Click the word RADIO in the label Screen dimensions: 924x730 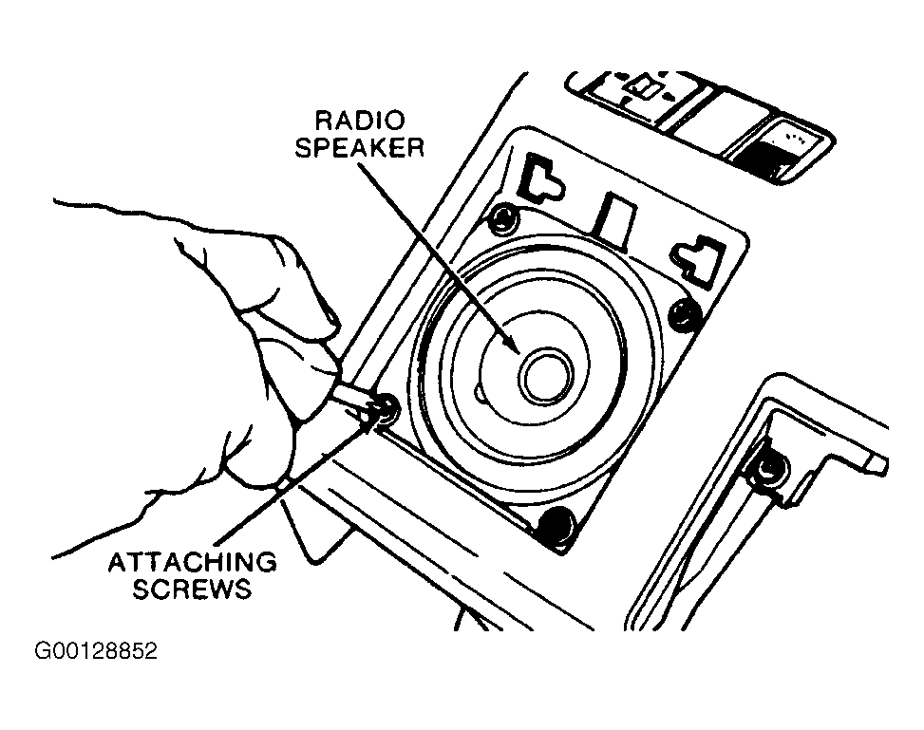[x=361, y=121]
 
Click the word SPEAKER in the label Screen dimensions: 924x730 [x=360, y=147]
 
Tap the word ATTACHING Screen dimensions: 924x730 [x=192, y=562]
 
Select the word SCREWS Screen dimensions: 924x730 [x=192, y=589]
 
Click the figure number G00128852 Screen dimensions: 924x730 [x=96, y=651]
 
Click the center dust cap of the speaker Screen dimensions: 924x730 [x=546, y=377]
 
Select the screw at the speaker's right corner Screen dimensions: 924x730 [x=686, y=311]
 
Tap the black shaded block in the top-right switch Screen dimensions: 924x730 [x=759, y=159]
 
